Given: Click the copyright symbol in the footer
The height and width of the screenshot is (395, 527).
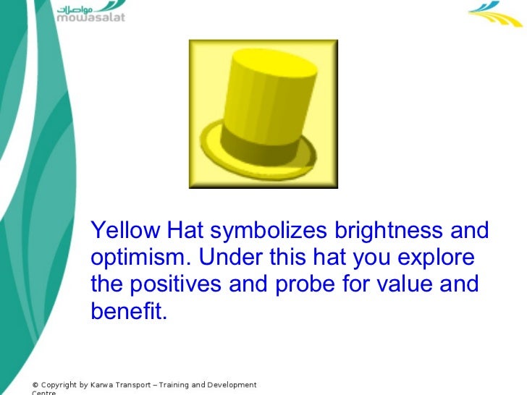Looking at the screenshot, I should (35, 385).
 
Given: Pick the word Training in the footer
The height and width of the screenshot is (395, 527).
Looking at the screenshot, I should (177, 385).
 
